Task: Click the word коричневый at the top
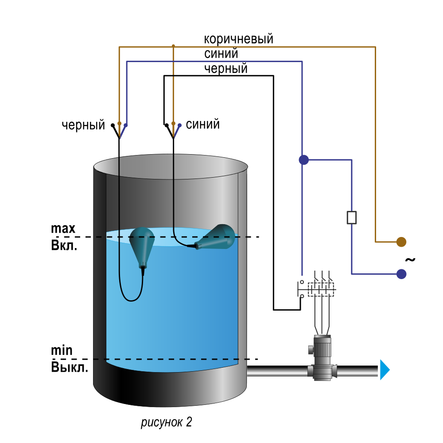[238, 39]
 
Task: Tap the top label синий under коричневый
[221, 54]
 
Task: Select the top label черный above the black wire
[226, 69]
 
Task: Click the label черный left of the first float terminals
[83, 125]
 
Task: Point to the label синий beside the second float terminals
[202, 124]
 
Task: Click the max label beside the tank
[63, 228]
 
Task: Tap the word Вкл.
[64, 245]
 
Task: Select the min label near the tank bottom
[62, 350]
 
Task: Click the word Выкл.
[70, 367]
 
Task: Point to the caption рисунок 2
[167, 422]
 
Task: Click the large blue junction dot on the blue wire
[304, 159]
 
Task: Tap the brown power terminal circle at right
[401, 242]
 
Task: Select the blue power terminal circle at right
[401, 274]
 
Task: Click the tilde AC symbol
[410, 259]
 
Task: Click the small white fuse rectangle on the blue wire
[351, 218]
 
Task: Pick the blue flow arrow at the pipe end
[385, 369]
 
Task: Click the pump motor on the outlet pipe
[322, 358]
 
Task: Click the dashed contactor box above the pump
[321, 289]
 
